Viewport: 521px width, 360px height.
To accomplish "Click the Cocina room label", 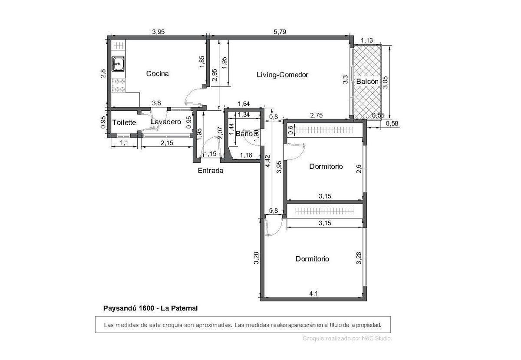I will click(157, 74).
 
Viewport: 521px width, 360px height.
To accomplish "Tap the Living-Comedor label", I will click(282, 75).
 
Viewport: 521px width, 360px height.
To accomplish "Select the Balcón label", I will click(367, 82).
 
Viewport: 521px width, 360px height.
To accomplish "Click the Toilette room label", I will click(124, 123).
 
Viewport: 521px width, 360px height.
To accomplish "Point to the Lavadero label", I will click(165, 122).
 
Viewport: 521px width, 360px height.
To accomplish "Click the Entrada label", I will click(210, 171).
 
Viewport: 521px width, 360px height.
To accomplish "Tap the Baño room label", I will click(244, 134).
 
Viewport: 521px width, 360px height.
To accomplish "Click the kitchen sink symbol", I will click(118, 64).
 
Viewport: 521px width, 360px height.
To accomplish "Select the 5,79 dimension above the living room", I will click(280, 32).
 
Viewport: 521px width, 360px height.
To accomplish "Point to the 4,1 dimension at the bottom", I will click(313, 294).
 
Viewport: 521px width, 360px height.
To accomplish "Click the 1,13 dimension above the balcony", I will click(367, 41).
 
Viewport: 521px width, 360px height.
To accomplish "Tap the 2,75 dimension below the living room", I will click(316, 116).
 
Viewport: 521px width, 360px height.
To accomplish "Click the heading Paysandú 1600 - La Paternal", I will click(150, 308).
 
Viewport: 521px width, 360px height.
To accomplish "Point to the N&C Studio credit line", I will click(347, 338).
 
